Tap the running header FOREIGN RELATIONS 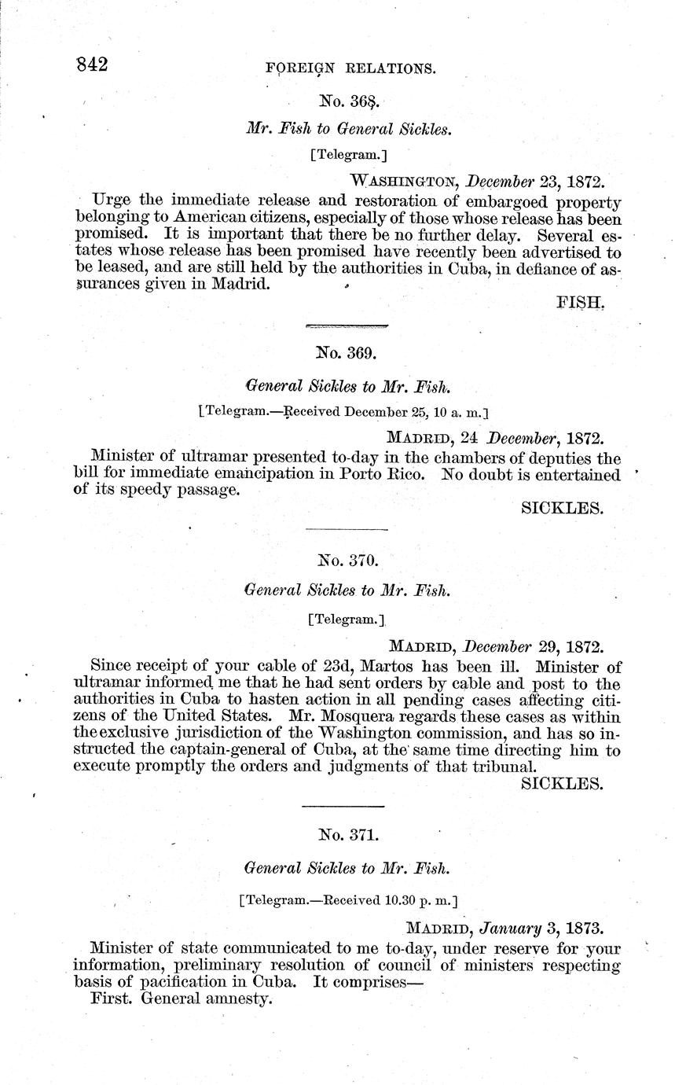coord(350,68)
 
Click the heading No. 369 coord(346,354)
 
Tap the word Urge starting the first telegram coord(112,200)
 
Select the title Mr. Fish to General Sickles coord(349,128)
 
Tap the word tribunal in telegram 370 coord(509,766)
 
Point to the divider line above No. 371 coord(343,806)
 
